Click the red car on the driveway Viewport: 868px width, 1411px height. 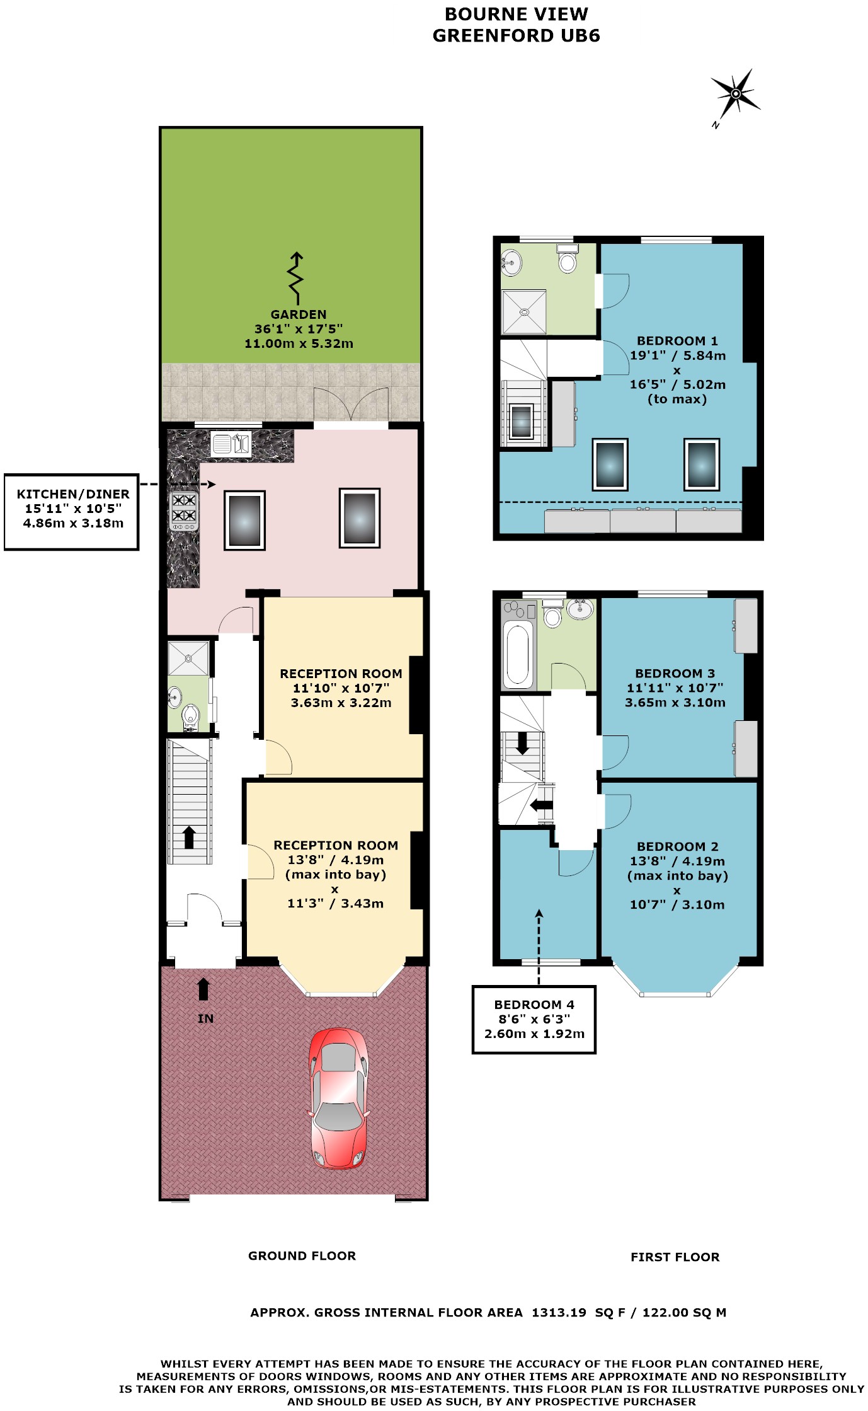coord(338,1098)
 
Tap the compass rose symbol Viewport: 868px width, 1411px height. coord(734,95)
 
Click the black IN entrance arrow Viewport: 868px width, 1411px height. coord(203,989)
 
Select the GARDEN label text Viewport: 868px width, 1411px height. coord(299,314)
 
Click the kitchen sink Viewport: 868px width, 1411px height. coord(231,444)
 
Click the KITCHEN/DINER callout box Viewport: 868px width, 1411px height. coord(71,512)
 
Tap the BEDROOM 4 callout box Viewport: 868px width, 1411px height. coord(534,1019)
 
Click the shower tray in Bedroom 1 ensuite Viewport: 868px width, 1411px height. coord(524,312)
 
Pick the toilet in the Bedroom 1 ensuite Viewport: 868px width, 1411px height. coord(568,258)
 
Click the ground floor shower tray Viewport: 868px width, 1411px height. coord(188,659)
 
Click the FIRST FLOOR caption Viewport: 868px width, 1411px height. coord(675,1257)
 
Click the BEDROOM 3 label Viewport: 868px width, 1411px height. coord(675,674)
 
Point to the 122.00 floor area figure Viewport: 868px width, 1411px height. coord(665,1313)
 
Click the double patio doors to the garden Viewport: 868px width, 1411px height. coord(351,404)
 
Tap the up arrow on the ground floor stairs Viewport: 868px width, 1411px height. coord(188,838)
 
